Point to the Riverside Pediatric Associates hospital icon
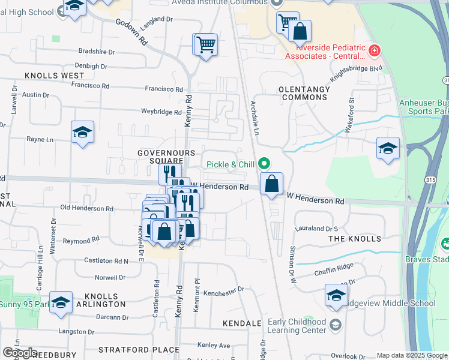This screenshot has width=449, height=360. (375, 50)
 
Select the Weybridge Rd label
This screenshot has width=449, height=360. (161, 112)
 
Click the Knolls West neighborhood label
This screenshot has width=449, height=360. (55, 76)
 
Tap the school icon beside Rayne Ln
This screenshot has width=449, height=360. (82, 133)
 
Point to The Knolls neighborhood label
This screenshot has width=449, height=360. (355, 239)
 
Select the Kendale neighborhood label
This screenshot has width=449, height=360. (242, 323)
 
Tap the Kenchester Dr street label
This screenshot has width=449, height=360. (223, 289)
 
